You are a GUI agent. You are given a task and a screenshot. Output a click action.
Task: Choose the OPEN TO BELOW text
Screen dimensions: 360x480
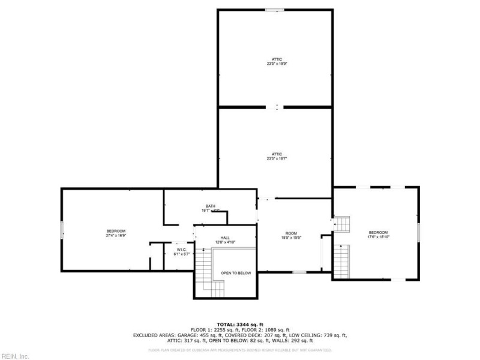click(236, 273)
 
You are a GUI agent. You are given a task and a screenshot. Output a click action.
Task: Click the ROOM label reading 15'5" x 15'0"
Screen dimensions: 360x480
click(291, 235)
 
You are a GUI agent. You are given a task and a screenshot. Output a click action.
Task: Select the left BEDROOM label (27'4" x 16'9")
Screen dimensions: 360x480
click(116, 233)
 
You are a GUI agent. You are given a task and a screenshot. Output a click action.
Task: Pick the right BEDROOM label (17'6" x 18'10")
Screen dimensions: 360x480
click(378, 235)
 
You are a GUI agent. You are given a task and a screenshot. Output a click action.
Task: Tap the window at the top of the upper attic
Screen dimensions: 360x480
click(275, 10)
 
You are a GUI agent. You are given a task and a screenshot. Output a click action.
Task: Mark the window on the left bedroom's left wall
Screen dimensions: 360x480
click(61, 230)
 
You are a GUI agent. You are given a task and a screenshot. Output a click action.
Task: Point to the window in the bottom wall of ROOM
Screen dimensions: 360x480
click(299, 272)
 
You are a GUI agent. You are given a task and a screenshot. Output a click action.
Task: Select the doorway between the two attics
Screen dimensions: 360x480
click(277, 107)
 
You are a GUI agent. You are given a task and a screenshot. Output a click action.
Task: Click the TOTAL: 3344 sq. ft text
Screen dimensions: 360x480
click(240, 323)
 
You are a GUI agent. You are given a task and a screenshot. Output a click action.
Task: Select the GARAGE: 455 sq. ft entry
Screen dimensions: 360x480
click(204, 335)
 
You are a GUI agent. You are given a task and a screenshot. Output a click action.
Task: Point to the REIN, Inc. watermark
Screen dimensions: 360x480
click(15, 356)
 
